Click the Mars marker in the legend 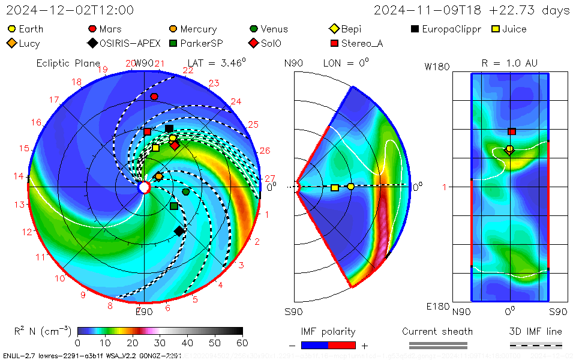(92, 29)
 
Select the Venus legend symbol (254, 29)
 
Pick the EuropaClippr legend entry (451, 29)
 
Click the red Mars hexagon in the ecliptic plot (154, 97)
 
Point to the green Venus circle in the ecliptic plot (186, 192)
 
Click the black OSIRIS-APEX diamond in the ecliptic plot (179, 231)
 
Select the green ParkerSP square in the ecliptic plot (174, 206)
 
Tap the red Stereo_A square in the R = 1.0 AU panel (512, 131)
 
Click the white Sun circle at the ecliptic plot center (144, 188)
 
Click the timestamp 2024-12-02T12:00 (70, 10)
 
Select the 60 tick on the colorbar (242, 343)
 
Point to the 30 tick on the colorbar (160, 343)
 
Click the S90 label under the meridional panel (293, 312)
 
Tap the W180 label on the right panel (437, 67)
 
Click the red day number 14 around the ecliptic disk (20, 176)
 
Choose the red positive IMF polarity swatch (342, 346)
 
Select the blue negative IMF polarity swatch (314, 346)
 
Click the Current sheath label (437, 331)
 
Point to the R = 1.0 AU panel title (509, 63)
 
